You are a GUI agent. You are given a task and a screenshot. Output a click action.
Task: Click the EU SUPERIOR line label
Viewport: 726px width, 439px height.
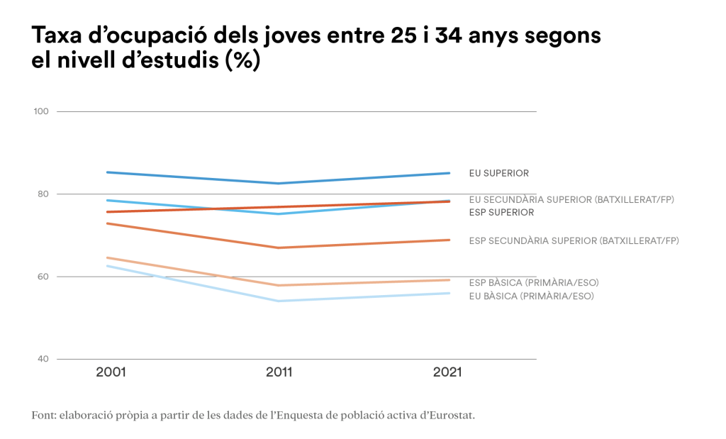click(x=498, y=173)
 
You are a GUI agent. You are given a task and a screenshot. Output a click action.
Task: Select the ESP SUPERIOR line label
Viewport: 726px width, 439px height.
click(x=501, y=212)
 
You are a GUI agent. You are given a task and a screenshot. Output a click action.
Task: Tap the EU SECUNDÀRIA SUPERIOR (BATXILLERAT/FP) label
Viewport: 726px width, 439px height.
click(x=571, y=199)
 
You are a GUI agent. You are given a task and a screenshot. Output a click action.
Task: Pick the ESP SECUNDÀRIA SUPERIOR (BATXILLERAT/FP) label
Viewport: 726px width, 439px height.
click(x=574, y=240)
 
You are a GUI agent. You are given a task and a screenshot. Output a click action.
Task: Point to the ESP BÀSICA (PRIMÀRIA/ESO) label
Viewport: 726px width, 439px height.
click(x=534, y=283)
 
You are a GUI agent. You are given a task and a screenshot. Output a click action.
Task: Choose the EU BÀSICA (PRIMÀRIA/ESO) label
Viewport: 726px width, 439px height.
click(x=531, y=296)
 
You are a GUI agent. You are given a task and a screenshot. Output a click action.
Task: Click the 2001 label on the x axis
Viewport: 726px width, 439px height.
click(x=111, y=372)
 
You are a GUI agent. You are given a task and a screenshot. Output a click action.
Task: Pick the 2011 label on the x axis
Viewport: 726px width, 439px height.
click(x=279, y=372)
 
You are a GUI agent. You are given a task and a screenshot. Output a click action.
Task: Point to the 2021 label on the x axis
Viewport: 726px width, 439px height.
click(x=447, y=372)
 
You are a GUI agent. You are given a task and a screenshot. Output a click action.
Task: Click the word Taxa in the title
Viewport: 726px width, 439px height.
click(x=57, y=35)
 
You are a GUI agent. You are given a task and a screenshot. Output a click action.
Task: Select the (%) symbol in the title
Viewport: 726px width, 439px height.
click(x=242, y=61)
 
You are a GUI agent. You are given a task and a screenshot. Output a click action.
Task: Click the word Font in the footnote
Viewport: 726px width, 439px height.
click(x=43, y=415)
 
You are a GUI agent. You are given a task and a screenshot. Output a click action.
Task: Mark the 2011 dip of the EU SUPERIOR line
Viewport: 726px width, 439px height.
click(x=279, y=184)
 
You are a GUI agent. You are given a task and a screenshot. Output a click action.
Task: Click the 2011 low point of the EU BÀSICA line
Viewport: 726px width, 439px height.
click(x=279, y=301)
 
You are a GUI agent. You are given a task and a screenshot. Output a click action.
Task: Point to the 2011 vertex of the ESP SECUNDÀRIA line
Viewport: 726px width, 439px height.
click(x=279, y=248)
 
